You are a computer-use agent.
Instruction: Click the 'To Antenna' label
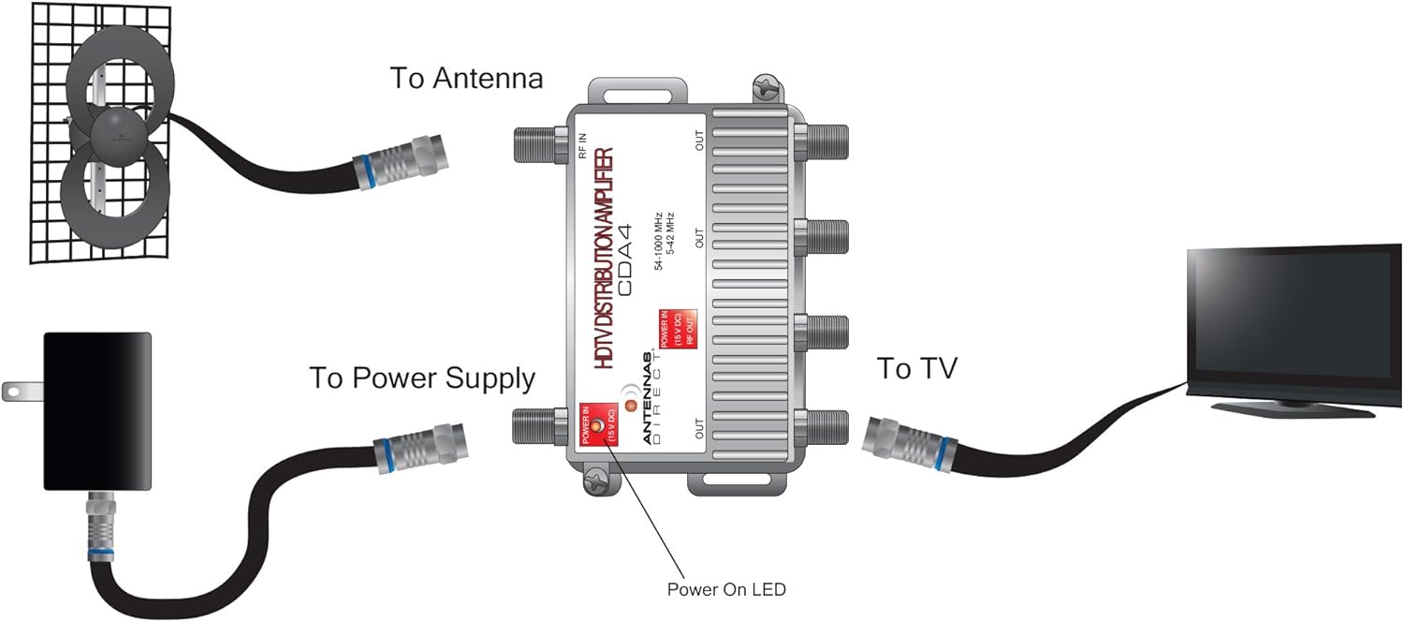pos(466,78)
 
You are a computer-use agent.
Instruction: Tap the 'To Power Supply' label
pos(422,378)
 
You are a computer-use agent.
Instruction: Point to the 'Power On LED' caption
pos(726,589)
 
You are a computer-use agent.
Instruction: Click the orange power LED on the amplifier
pos(631,406)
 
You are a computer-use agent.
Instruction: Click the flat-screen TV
pos(1293,318)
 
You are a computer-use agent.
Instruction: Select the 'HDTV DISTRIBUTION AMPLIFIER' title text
pos(605,259)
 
